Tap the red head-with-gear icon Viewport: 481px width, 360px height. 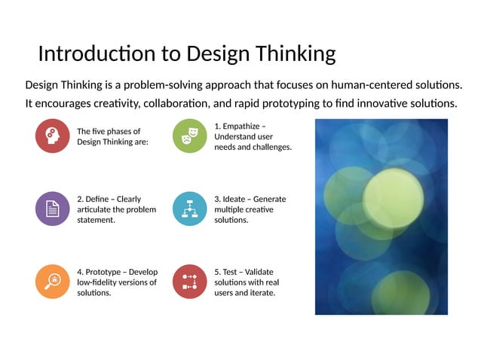(x=53, y=136)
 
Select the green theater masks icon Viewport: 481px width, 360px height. (x=190, y=136)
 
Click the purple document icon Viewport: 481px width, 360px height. (x=53, y=209)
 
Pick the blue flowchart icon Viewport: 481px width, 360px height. (x=190, y=209)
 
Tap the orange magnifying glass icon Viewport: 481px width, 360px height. (x=53, y=282)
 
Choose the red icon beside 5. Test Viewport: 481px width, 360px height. (x=190, y=282)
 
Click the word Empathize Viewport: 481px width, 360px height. (x=242, y=126)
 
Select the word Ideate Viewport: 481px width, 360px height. (x=237, y=199)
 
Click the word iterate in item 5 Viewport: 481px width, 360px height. (x=262, y=293)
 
